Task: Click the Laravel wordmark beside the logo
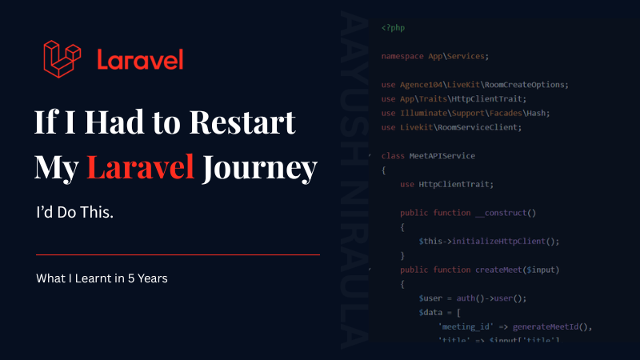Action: (x=140, y=60)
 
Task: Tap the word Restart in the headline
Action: (x=242, y=124)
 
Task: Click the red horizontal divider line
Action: (x=178, y=254)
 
